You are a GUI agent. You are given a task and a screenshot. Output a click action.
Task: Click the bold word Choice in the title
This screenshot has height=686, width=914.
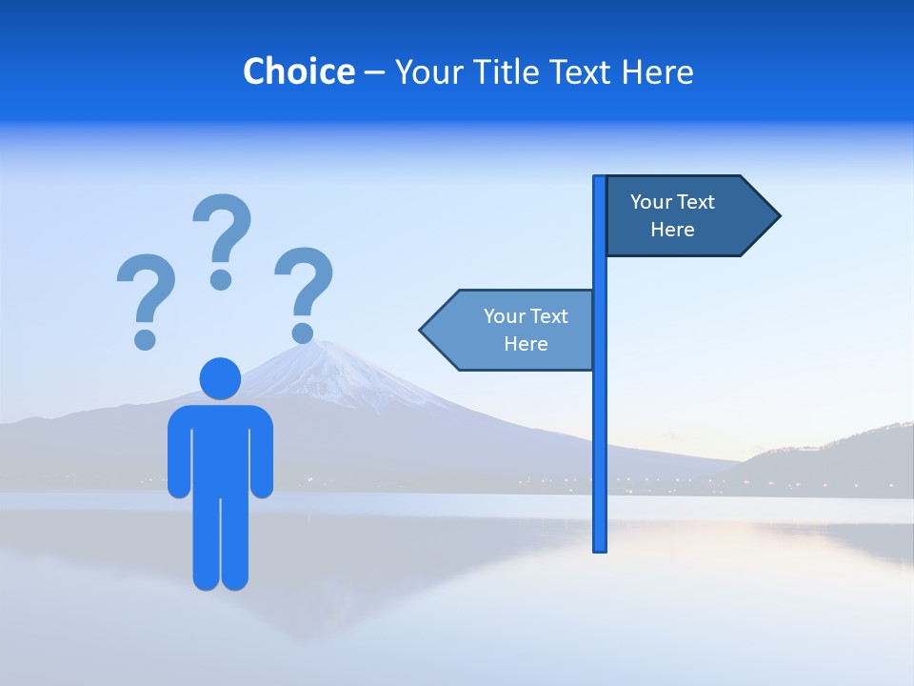298,72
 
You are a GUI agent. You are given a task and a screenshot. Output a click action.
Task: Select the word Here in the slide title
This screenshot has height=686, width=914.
657,72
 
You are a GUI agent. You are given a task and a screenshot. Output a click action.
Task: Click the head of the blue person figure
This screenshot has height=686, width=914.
220,378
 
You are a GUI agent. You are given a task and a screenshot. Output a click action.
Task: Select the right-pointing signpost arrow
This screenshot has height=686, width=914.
685,216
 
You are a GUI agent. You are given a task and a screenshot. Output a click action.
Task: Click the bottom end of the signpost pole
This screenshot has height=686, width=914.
600,547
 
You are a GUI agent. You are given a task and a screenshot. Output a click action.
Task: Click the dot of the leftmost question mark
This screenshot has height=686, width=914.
145,338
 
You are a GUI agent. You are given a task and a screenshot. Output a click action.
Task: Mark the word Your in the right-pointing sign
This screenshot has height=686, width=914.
651,202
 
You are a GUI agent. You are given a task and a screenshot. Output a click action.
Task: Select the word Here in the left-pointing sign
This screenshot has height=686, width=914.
526,344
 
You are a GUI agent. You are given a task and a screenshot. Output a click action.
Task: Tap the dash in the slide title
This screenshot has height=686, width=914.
374,72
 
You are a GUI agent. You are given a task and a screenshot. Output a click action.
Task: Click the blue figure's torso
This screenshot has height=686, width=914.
220,448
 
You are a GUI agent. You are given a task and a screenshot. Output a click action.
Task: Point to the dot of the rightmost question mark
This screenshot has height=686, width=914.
302,333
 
